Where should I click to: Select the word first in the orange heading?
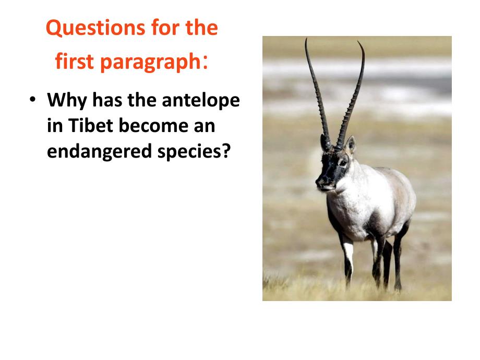tap(75, 62)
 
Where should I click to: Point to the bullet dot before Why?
tap(32, 101)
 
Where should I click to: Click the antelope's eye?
tap(342, 163)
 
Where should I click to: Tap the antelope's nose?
tap(320, 182)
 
